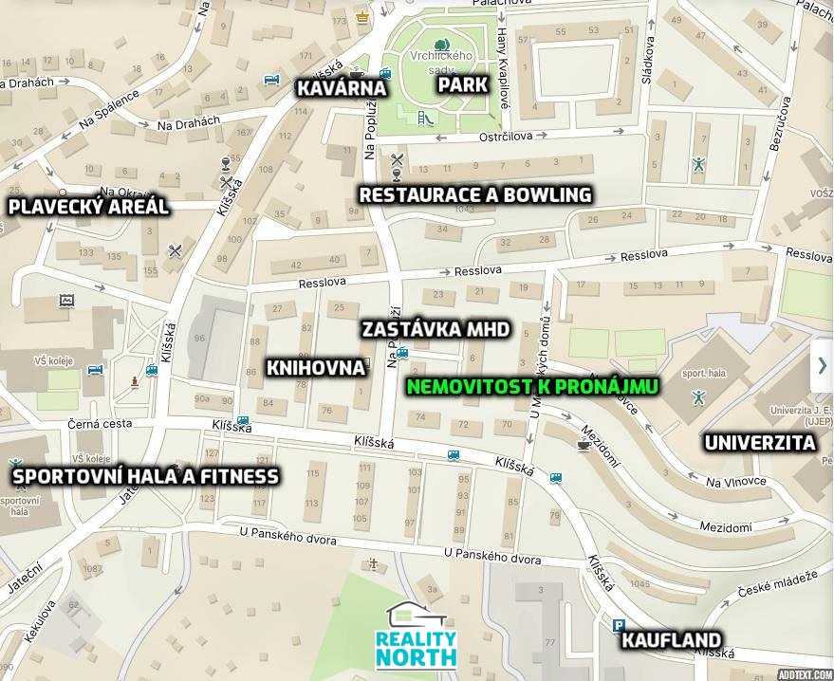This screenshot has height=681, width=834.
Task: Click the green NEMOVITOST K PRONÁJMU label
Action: coord(532,387)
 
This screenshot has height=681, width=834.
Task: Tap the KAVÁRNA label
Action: coord(342,88)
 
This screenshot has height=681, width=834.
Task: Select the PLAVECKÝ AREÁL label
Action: coord(88,207)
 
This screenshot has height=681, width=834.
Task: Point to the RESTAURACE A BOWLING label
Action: coord(475,195)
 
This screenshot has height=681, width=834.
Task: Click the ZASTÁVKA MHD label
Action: coord(436,330)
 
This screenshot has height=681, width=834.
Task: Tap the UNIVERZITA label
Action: coord(759,443)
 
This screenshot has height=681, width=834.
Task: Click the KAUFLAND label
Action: coord(671,640)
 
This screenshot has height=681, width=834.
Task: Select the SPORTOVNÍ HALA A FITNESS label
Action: coord(145,476)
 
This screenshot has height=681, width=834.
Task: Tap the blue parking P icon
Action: coord(620,625)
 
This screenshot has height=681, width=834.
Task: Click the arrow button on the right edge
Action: coord(822,366)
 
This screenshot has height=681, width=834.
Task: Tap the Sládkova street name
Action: coord(648,66)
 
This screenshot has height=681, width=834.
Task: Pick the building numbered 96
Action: coord(199,338)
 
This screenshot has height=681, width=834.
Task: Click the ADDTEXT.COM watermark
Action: coord(804,674)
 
